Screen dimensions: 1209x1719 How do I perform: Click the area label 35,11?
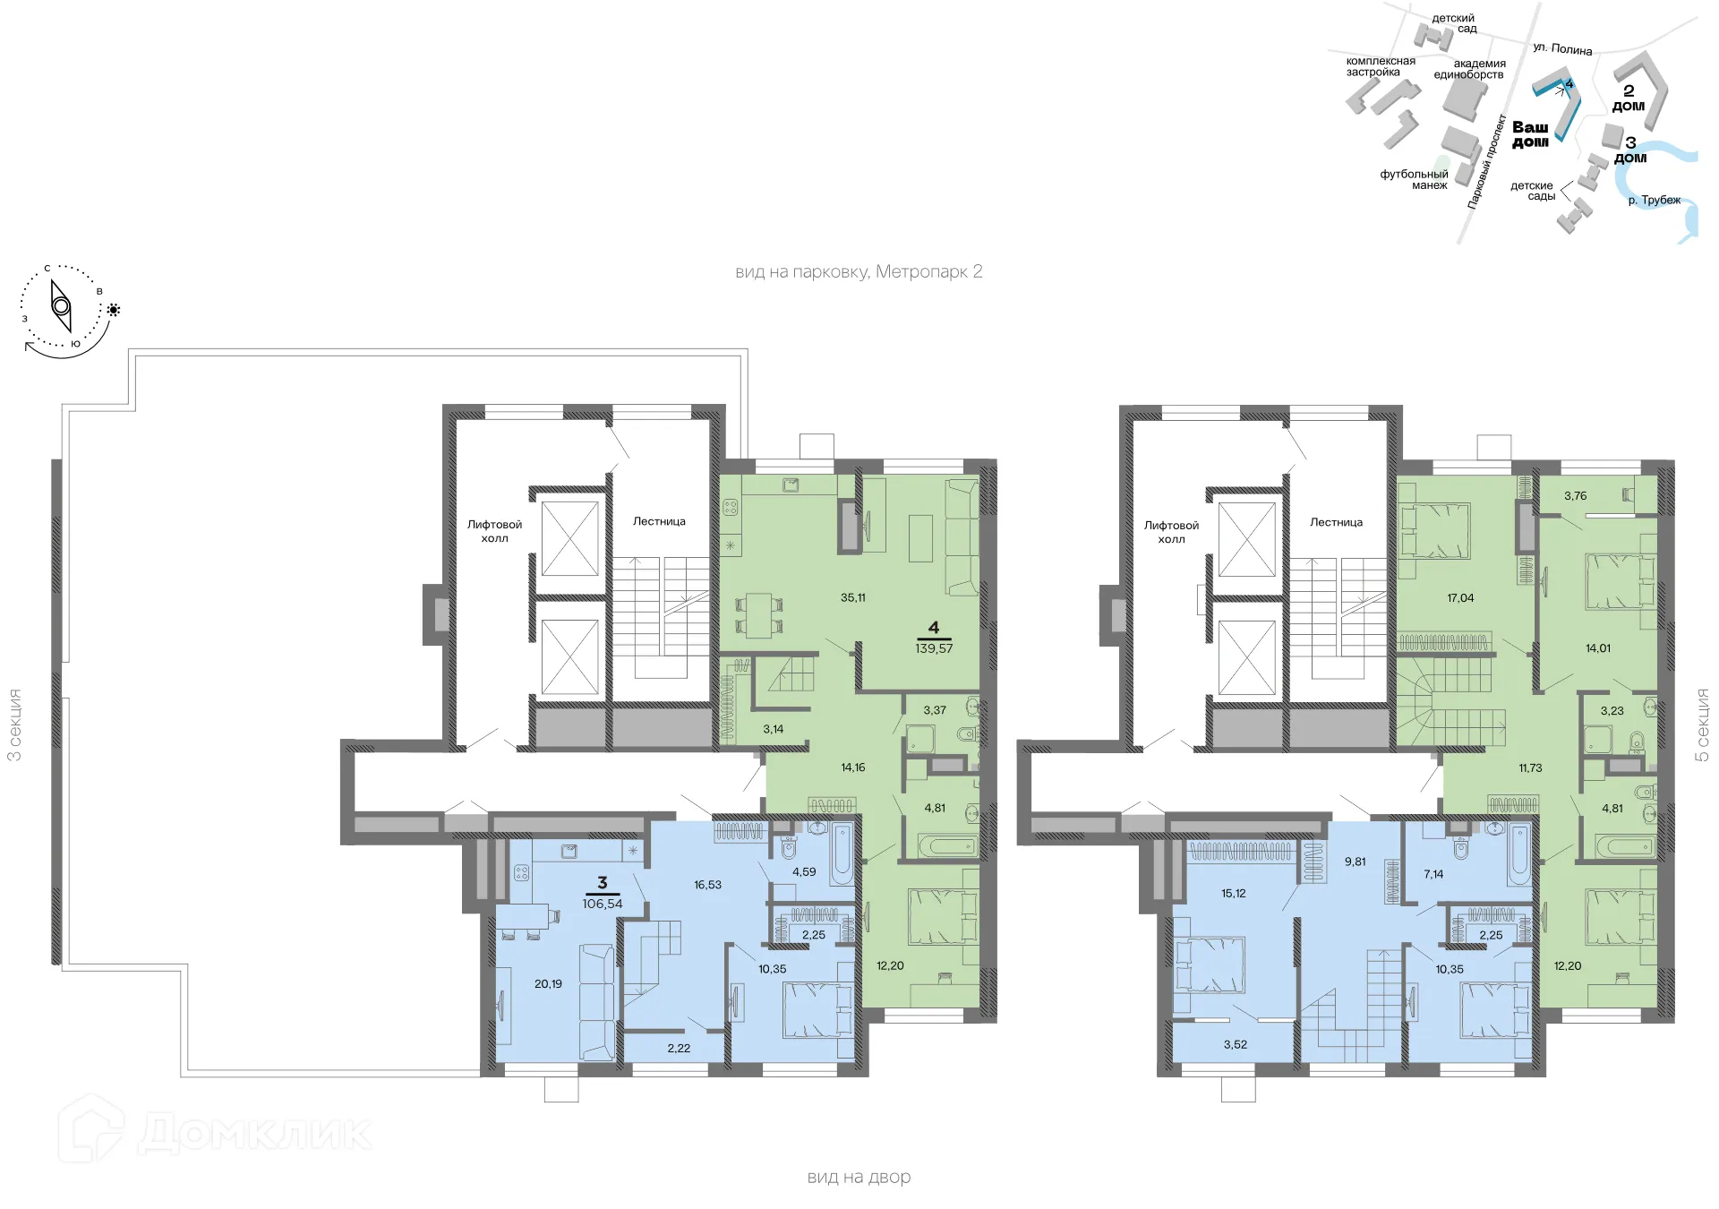pyautogui.click(x=852, y=597)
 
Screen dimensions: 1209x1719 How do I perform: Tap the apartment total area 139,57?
pyautogui.click(x=934, y=648)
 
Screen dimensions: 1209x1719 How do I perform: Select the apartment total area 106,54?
pyautogui.click(x=602, y=904)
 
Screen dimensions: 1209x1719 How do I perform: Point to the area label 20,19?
pyautogui.click(x=548, y=983)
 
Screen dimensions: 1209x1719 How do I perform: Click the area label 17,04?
pyautogui.click(x=1460, y=597)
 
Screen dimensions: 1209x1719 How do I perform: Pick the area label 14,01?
pyautogui.click(x=1597, y=647)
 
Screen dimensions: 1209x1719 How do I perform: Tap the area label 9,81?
pyautogui.click(x=1355, y=862)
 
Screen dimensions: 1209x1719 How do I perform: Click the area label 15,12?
pyautogui.click(x=1233, y=893)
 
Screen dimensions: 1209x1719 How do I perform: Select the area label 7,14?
pyautogui.click(x=1433, y=874)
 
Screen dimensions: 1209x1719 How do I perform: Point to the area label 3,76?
pyautogui.click(x=1575, y=495)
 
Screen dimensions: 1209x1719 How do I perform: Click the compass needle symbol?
pyautogui.click(x=61, y=306)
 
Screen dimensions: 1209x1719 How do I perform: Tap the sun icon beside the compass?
pyautogui.click(x=114, y=310)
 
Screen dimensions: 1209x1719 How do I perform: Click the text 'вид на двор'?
pyautogui.click(x=859, y=1177)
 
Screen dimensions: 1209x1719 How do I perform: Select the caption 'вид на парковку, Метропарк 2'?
pyautogui.click(x=859, y=271)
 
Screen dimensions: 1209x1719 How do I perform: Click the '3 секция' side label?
pyautogui.click(x=14, y=725)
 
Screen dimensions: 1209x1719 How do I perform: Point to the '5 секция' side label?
pyautogui.click(x=1702, y=725)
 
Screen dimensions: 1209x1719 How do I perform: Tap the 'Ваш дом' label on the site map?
pyautogui.click(x=1530, y=134)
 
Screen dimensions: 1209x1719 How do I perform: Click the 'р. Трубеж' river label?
pyautogui.click(x=1654, y=200)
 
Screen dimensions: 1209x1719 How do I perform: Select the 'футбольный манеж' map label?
pyautogui.click(x=1415, y=179)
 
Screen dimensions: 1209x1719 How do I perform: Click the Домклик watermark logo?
pyautogui.click(x=215, y=1130)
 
